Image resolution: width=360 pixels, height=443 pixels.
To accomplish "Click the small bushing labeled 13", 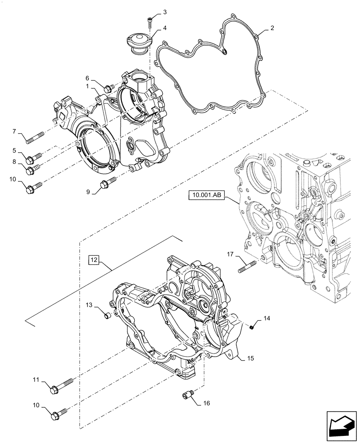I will tap(106, 315).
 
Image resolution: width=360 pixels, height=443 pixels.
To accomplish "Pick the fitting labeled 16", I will tap(188, 394).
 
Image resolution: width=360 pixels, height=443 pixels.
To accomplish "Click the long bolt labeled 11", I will tap(62, 383).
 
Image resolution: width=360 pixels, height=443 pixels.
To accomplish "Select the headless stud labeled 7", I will tap(35, 136).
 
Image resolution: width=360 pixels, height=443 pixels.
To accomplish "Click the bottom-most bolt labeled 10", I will tap(59, 415).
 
